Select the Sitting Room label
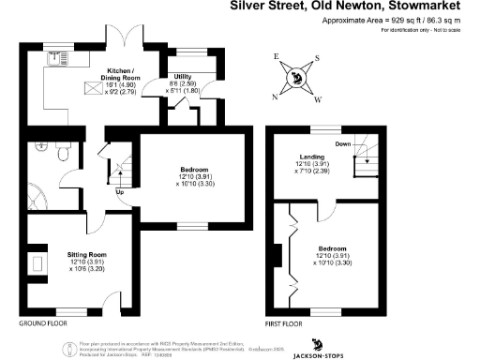[x=86, y=254]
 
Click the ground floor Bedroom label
[x=196, y=170]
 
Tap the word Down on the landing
[x=344, y=143]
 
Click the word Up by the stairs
[x=119, y=193]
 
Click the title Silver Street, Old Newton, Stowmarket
[x=355, y=6]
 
